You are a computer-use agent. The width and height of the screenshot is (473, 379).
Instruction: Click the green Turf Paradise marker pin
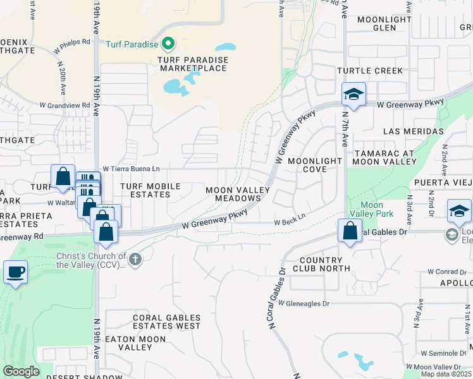pyautogui.click(x=168, y=44)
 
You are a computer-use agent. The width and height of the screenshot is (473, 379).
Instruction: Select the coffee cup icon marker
pyautogui.click(x=15, y=274)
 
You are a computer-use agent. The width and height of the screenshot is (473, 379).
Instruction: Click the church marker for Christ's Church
pyautogui.click(x=135, y=259)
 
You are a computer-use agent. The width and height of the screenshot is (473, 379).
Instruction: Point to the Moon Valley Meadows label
pyautogui.click(x=238, y=194)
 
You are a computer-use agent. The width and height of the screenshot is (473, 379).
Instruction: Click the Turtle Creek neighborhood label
pyautogui.click(x=370, y=71)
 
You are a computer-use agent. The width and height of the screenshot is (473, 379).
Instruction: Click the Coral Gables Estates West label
pyautogui.click(x=166, y=322)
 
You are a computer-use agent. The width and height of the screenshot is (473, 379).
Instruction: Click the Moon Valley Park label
pyautogui.click(x=371, y=209)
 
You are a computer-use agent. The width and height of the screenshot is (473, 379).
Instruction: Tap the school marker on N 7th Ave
pyautogui.click(x=353, y=95)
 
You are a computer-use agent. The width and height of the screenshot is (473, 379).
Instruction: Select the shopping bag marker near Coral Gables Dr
pyautogui.click(x=350, y=231)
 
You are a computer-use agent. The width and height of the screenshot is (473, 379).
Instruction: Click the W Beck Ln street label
pyautogui.click(x=290, y=222)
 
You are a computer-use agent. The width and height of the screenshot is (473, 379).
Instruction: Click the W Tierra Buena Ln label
pyautogui.click(x=131, y=169)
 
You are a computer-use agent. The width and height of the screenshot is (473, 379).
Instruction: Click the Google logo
pyautogui.click(x=21, y=371)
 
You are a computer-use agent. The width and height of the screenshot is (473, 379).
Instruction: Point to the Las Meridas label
pyautogui.click(x=414, y=131)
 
